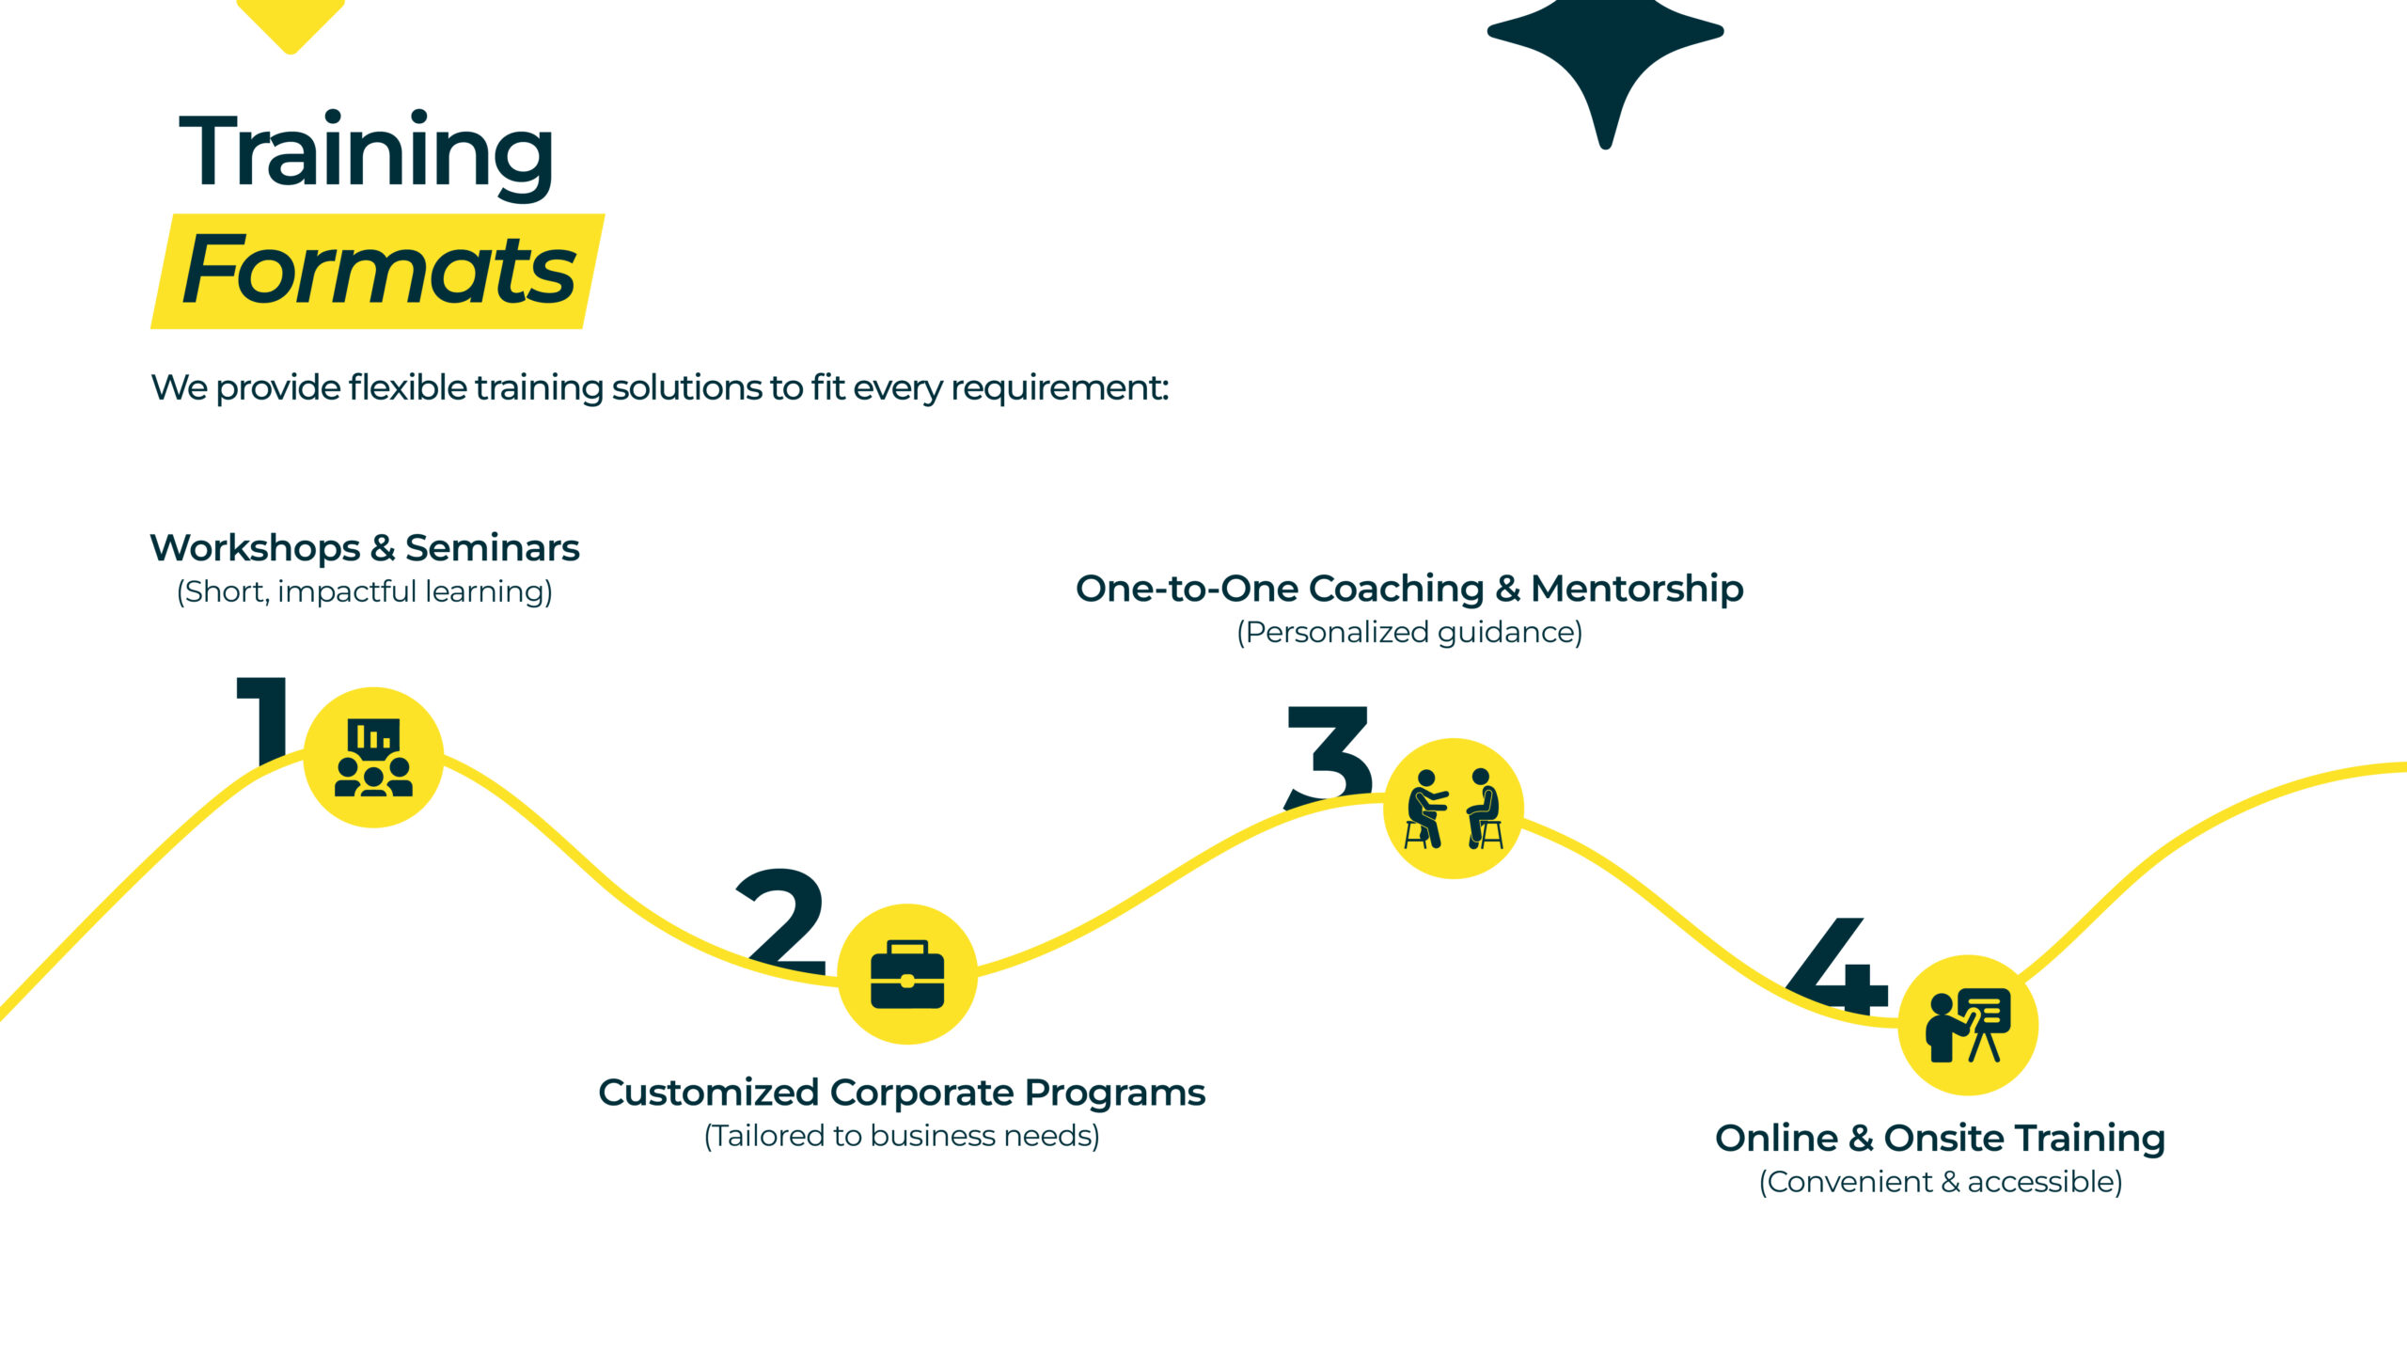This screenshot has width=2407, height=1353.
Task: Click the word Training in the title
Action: (366, 152)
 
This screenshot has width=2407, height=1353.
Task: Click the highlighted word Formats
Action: (378, 271)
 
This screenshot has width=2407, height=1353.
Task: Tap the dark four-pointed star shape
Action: (1605, 56)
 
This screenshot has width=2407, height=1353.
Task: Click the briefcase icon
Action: (907, 974)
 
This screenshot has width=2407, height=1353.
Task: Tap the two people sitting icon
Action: (1454, 809)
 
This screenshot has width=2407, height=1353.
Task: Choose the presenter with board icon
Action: (1968, 1025)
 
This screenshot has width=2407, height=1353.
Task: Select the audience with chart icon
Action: (373, 758)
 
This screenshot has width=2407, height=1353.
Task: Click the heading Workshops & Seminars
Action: (365, 548)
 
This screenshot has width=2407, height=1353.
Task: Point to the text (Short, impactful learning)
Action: (365, 591)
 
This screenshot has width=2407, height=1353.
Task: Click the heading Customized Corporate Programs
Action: (902, 1093)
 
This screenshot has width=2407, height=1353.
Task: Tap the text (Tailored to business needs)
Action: (902, 1136)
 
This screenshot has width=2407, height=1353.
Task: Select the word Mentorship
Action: (1637, 589)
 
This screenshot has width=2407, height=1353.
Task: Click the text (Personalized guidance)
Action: (1409, 632)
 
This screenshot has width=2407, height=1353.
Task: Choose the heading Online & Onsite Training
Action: (1940, 1138)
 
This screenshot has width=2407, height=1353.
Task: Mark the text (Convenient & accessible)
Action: (1941, 1182)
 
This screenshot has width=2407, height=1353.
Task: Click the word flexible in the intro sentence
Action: (407, 387)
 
